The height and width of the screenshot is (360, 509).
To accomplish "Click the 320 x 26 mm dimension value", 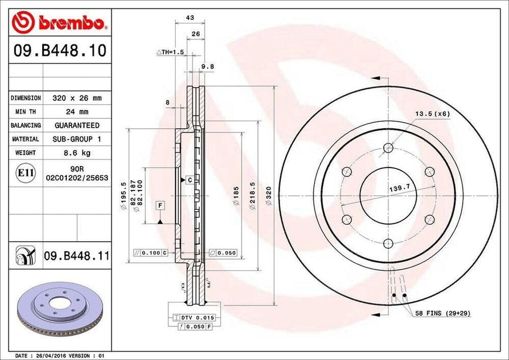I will [x=77, y=98].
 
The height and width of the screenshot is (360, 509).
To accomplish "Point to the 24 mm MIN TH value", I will [x=77, y=112].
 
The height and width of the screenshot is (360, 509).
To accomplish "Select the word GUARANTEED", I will [x=77, y=125].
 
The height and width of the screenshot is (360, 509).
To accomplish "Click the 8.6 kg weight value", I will [x=77, y=153].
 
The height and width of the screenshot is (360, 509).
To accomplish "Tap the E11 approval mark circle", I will [x=26, y=173].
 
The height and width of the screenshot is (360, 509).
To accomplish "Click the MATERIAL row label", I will [x=25, y=139].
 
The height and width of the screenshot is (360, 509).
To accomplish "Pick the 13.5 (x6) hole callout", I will [x=432, y=114].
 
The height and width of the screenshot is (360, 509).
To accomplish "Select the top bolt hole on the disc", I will [x=389, y=148].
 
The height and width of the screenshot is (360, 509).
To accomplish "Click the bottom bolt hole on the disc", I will [x=389, y=243].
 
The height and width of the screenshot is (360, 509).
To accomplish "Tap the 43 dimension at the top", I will [x=189, y=17].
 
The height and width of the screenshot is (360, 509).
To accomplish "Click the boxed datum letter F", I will [x=160, y=205].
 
